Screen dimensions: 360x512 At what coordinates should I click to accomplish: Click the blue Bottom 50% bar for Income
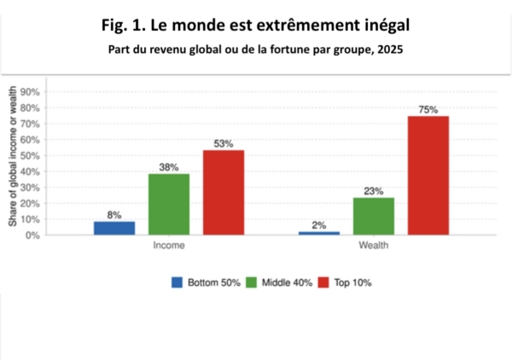click(114, 228)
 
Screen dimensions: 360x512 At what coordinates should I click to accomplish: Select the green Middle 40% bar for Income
click(169, 204)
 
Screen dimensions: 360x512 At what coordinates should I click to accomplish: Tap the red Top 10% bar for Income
click(224, 192)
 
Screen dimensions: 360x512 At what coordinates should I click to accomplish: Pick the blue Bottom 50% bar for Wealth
click(319, 233)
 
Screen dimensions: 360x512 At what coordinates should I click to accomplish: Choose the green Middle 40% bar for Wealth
click(374, 216)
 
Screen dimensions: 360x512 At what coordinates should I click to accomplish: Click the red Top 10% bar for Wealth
click(428, 175)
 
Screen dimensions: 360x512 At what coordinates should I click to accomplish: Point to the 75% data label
click(428, 110)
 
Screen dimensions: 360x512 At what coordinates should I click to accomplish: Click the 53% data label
click(224, 144)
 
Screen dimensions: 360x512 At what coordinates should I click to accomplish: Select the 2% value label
click(319, 225)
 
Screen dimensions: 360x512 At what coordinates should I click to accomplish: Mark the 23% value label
click(374, 192)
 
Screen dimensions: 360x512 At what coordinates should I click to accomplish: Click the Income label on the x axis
click(169, 245)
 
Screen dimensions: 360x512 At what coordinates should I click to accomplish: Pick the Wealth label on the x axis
click(374, 245)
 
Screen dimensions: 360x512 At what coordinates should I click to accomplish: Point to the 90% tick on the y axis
click(31, 91)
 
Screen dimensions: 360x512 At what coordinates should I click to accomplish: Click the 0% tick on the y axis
click(33, 235)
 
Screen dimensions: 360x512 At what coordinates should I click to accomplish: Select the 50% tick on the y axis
click(31, 155)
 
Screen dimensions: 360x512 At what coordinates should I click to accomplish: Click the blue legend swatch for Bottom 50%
click(177, 282)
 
